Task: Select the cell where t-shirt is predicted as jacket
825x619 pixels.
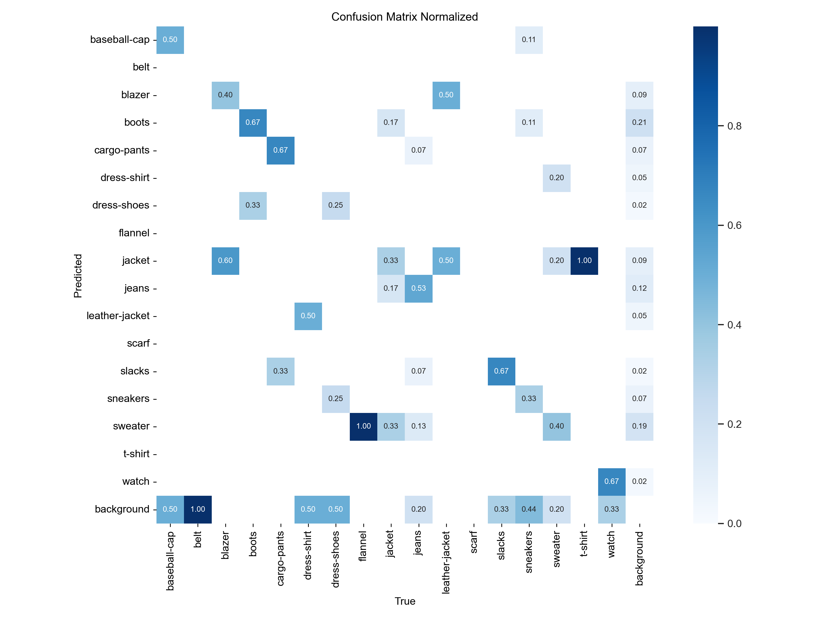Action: (x=584, y=261)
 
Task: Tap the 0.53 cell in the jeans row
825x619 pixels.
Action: (x=419, y=288)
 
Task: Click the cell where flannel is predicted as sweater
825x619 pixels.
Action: (x=363, y=426)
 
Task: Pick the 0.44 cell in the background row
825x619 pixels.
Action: (x=529, y=509)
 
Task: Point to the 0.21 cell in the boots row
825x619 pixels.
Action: (x=639, y=122)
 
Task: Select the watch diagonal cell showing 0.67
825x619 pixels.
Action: (x=612, y=481)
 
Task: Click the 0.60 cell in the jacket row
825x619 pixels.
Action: (x=225, y=261)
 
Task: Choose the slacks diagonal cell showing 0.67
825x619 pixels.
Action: (x=501, y=371)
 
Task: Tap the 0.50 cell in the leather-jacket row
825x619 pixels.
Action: (x=308, y=316)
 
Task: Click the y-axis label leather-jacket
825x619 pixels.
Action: (x=118, y=316)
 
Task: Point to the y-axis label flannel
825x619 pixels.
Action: (x=134, y=233)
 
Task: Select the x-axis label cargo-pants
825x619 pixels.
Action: (x=280, y=558)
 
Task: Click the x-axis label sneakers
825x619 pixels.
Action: (x=529, y=552)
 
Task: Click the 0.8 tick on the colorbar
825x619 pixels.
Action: (x=734, y=126)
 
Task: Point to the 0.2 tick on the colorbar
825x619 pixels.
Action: (x=734, y=424)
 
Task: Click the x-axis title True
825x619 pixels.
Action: (x=405, y=601)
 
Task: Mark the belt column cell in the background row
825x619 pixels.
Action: (x=198, y=509)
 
